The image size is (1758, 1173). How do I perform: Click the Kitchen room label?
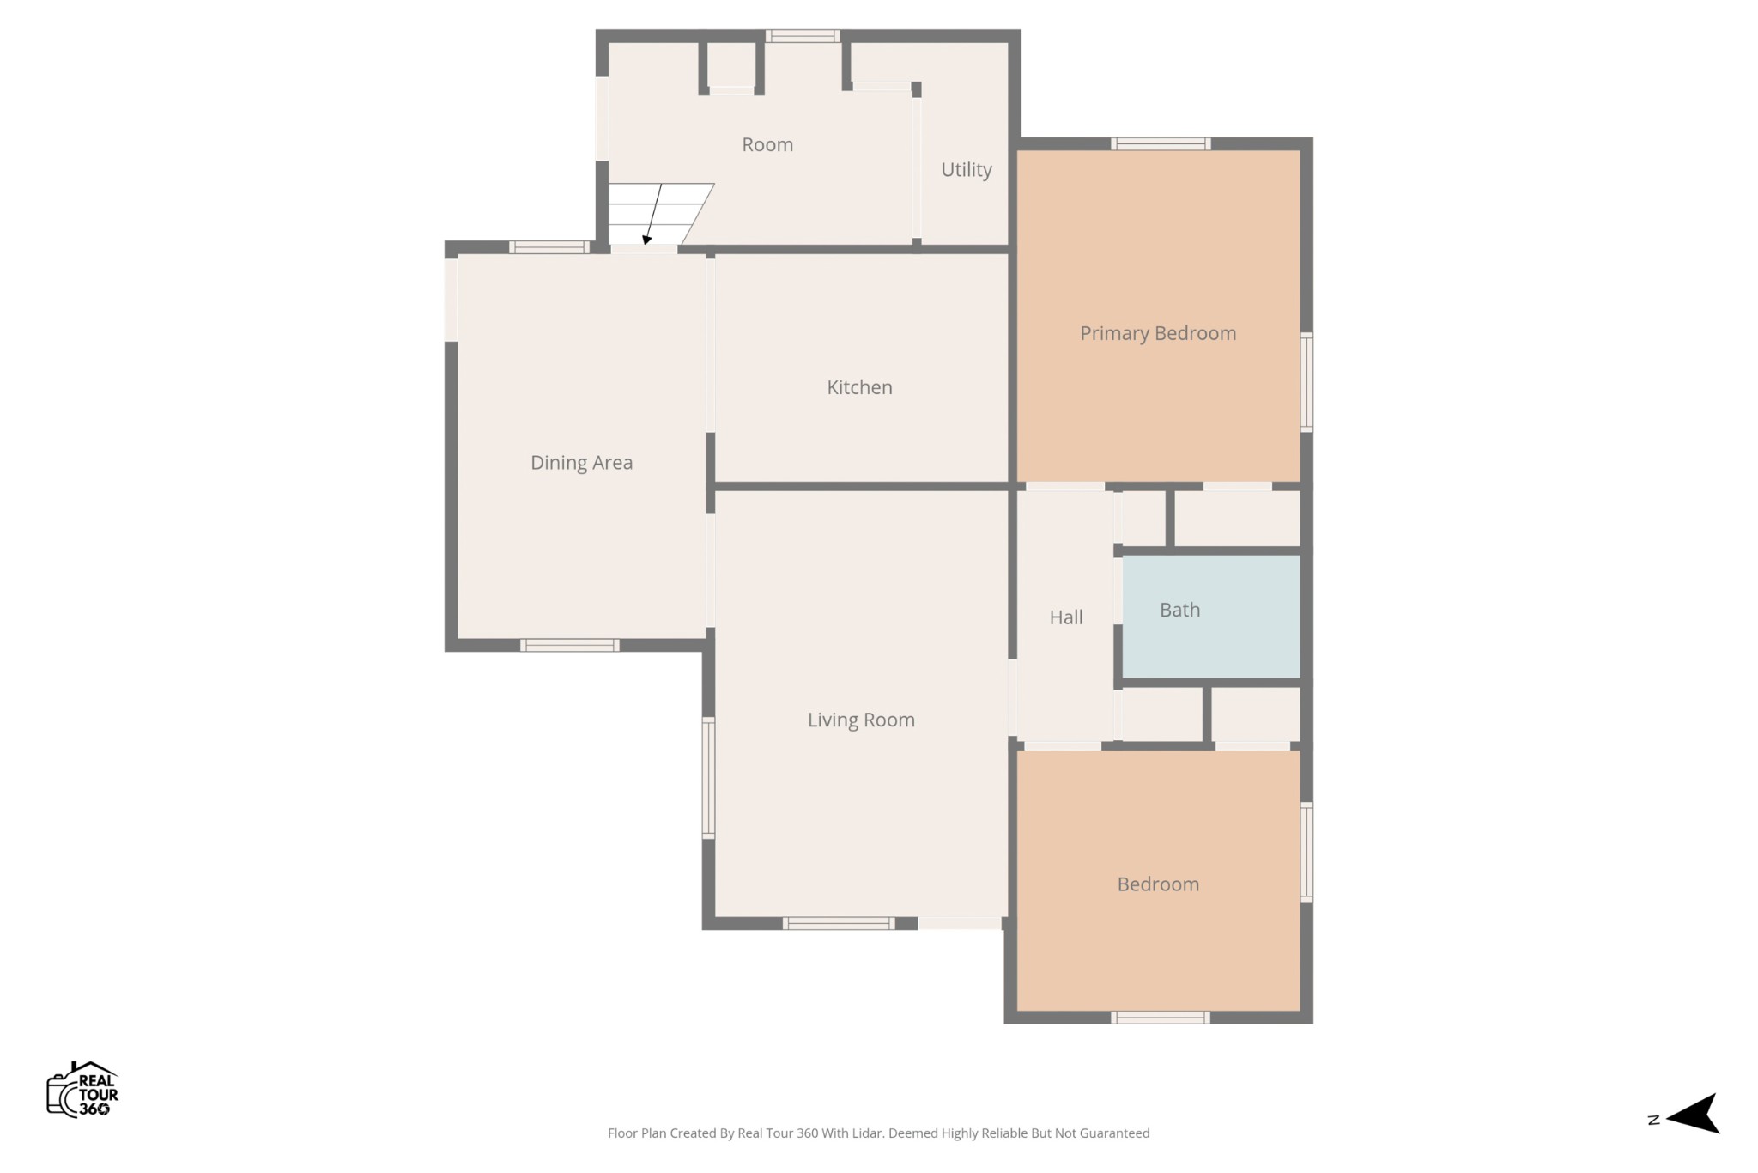tap(859, 387)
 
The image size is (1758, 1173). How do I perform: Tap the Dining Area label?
tap(581, 463)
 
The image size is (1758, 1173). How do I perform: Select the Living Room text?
tap(861, 720)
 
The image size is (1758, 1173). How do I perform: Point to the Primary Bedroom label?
tap(1158, 333)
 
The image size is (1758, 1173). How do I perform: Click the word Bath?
tap(1179, 610)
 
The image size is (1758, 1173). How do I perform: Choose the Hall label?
tap(1066, 617)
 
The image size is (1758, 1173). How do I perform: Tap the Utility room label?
tap(967, 170)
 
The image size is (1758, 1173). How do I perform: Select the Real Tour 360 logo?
tap(82, 1089)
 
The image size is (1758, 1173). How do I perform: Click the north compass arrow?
tap(1693, 1114)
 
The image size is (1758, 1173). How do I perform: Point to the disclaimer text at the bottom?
tap(878, 1133)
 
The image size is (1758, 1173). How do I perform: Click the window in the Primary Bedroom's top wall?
tap(1161, 143)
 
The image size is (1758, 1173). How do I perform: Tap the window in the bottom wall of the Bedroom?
tap(1161, 1018)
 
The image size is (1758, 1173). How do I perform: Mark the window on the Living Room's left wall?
tap(709, 778)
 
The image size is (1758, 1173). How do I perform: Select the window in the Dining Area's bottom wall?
tap(569, 645)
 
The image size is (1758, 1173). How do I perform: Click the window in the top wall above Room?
tap(803, 36)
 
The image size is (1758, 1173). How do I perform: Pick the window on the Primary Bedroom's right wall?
tap(1306, 382)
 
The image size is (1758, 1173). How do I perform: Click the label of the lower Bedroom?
tap(1158, 884)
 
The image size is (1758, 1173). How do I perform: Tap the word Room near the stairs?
tap(767, 145)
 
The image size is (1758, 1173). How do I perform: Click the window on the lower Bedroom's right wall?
tap(1306, 852)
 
